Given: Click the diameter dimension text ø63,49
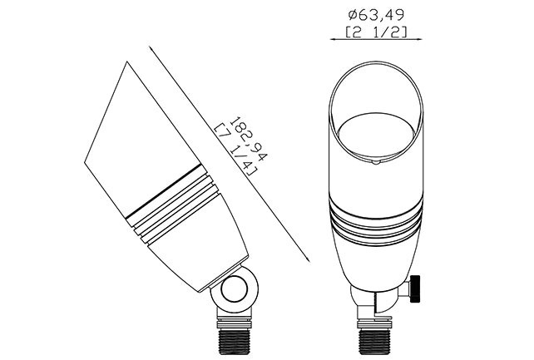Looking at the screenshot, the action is coord(377,15).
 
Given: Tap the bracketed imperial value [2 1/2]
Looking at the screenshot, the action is coord(376,32).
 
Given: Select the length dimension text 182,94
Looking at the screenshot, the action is coord(249,139).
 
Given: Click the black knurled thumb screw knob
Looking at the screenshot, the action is coord(415,288).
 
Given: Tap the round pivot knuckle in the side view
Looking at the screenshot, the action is coord(234,290).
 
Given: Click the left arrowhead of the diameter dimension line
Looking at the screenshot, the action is coord(334,39).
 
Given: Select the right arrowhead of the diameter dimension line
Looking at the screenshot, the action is coord(418,39).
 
